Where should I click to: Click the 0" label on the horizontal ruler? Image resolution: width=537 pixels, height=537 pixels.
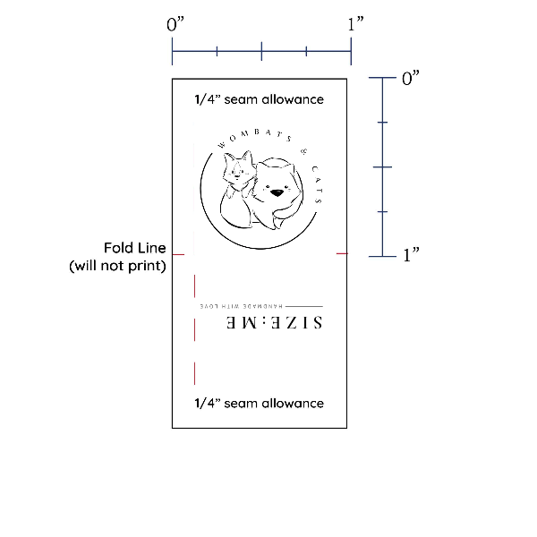tap(175, 24)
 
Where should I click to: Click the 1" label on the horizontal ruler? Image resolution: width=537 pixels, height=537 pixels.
tap(355, 24)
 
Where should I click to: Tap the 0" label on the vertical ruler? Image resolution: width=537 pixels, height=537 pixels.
tap(410, 78)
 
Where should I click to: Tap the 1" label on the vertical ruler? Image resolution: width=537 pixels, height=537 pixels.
tap(411, 255)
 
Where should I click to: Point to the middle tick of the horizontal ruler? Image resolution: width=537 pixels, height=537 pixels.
tap(261, 51)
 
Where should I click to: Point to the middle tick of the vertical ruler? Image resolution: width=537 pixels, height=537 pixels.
tap(382, 167)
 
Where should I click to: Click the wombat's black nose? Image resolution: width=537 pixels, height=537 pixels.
tap(277, 193)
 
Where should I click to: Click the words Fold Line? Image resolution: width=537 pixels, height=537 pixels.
tap(135, 248)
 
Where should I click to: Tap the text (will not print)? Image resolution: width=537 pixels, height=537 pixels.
tap(117, 266)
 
